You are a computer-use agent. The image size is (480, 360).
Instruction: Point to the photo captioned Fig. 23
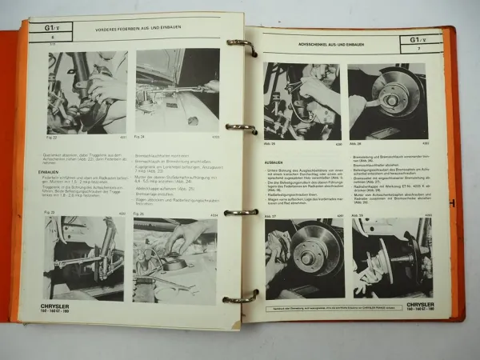point(78,258)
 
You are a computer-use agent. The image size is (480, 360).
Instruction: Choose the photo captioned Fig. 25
point(174,258)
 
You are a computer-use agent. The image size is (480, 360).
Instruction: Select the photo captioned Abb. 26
point(302,101)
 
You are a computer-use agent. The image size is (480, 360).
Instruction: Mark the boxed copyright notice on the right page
point(344,309)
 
